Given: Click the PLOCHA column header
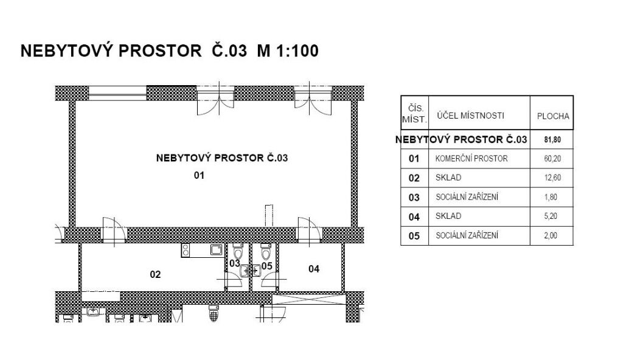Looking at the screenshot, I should (553, 116).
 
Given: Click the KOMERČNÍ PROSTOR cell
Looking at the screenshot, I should (471, 159).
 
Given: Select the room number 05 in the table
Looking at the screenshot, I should (414, 236).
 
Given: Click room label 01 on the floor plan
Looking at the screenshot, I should (198, 176).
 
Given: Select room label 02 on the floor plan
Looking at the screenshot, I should (155, 274).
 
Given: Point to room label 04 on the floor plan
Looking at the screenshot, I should (314, 268).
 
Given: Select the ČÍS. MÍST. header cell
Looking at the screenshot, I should (414, 112).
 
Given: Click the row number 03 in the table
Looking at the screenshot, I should (414, 197).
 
